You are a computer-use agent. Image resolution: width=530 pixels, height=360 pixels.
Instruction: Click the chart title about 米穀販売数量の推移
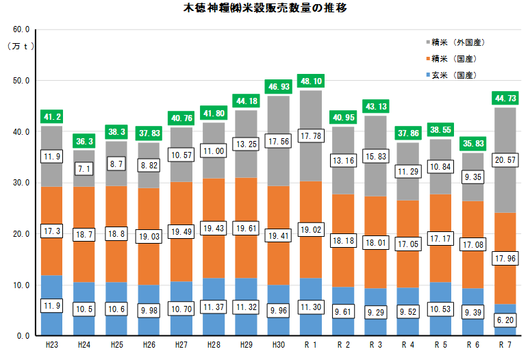(266, 9)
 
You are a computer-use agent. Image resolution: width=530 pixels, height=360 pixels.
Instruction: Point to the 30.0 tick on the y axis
(22, 183)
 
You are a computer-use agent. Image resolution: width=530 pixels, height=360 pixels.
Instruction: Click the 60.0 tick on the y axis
(22, 30)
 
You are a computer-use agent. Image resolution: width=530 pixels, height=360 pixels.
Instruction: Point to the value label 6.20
(506, 320)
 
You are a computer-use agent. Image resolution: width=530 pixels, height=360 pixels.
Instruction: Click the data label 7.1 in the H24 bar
(84, 168)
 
